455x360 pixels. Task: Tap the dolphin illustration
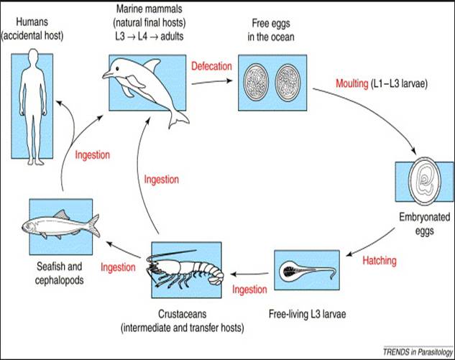tap(137, 87)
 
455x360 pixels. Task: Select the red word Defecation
tap(211, 66)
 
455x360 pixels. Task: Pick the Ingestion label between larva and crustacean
tap(250, 290)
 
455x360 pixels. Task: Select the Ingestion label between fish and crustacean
tap(118, 267)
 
